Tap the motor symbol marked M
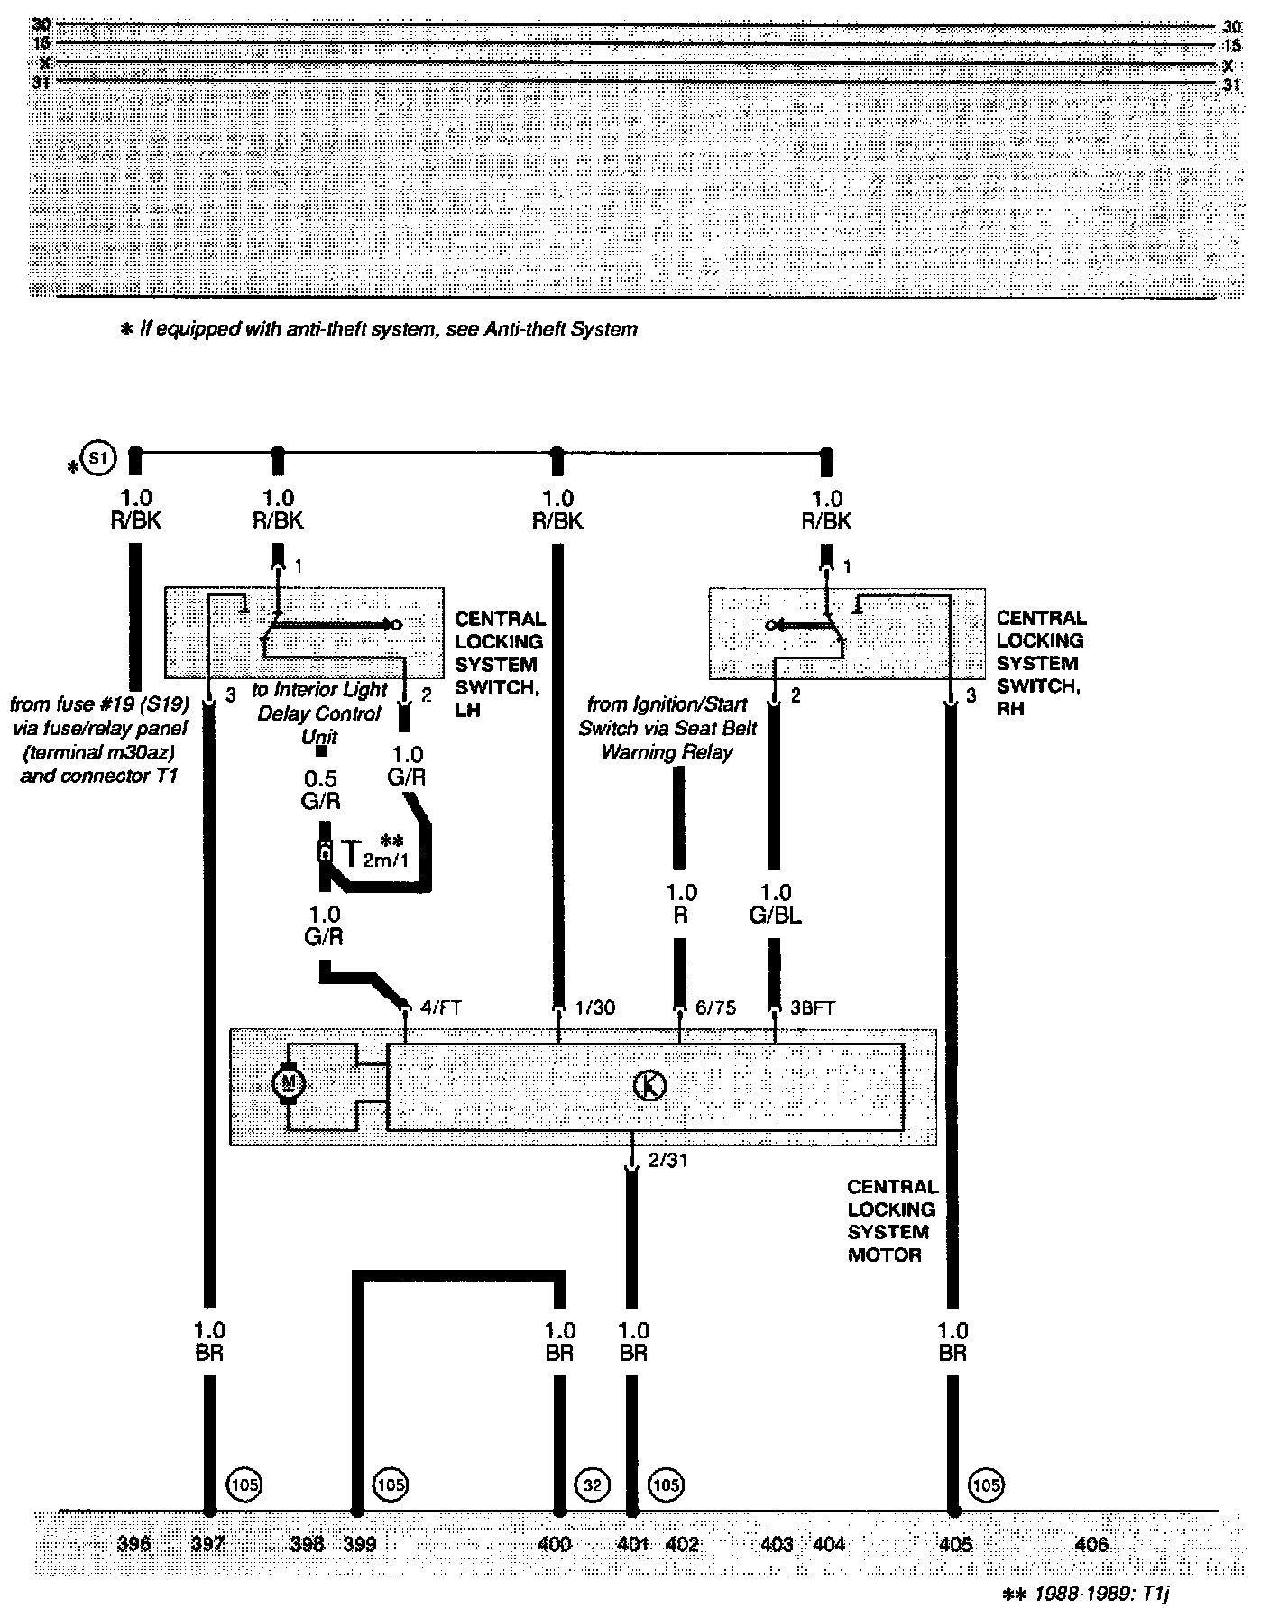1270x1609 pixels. (x=290, y=1082)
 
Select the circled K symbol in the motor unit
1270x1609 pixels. (x=650, y=1086)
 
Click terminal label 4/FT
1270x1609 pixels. (x=441, y=1007)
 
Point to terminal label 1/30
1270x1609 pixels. (x=594, y=1007)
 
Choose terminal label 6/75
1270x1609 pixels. (x=715, y=1007)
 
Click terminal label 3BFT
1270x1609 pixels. (x=812, y=1007)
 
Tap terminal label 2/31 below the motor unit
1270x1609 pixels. (x=668, y=1161)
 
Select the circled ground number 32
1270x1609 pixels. (x=592, y=1484)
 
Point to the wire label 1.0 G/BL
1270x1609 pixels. (x=775, y=904)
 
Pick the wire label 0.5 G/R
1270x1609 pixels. (x=322, y=789)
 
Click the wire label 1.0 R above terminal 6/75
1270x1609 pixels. (x=681, y=904)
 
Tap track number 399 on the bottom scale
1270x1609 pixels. (x=360, y=1545)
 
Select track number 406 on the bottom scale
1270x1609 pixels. (x=1091, y=1545)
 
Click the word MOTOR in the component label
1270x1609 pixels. (x=884, y=1255)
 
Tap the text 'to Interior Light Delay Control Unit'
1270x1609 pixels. (x=319, y=713)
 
